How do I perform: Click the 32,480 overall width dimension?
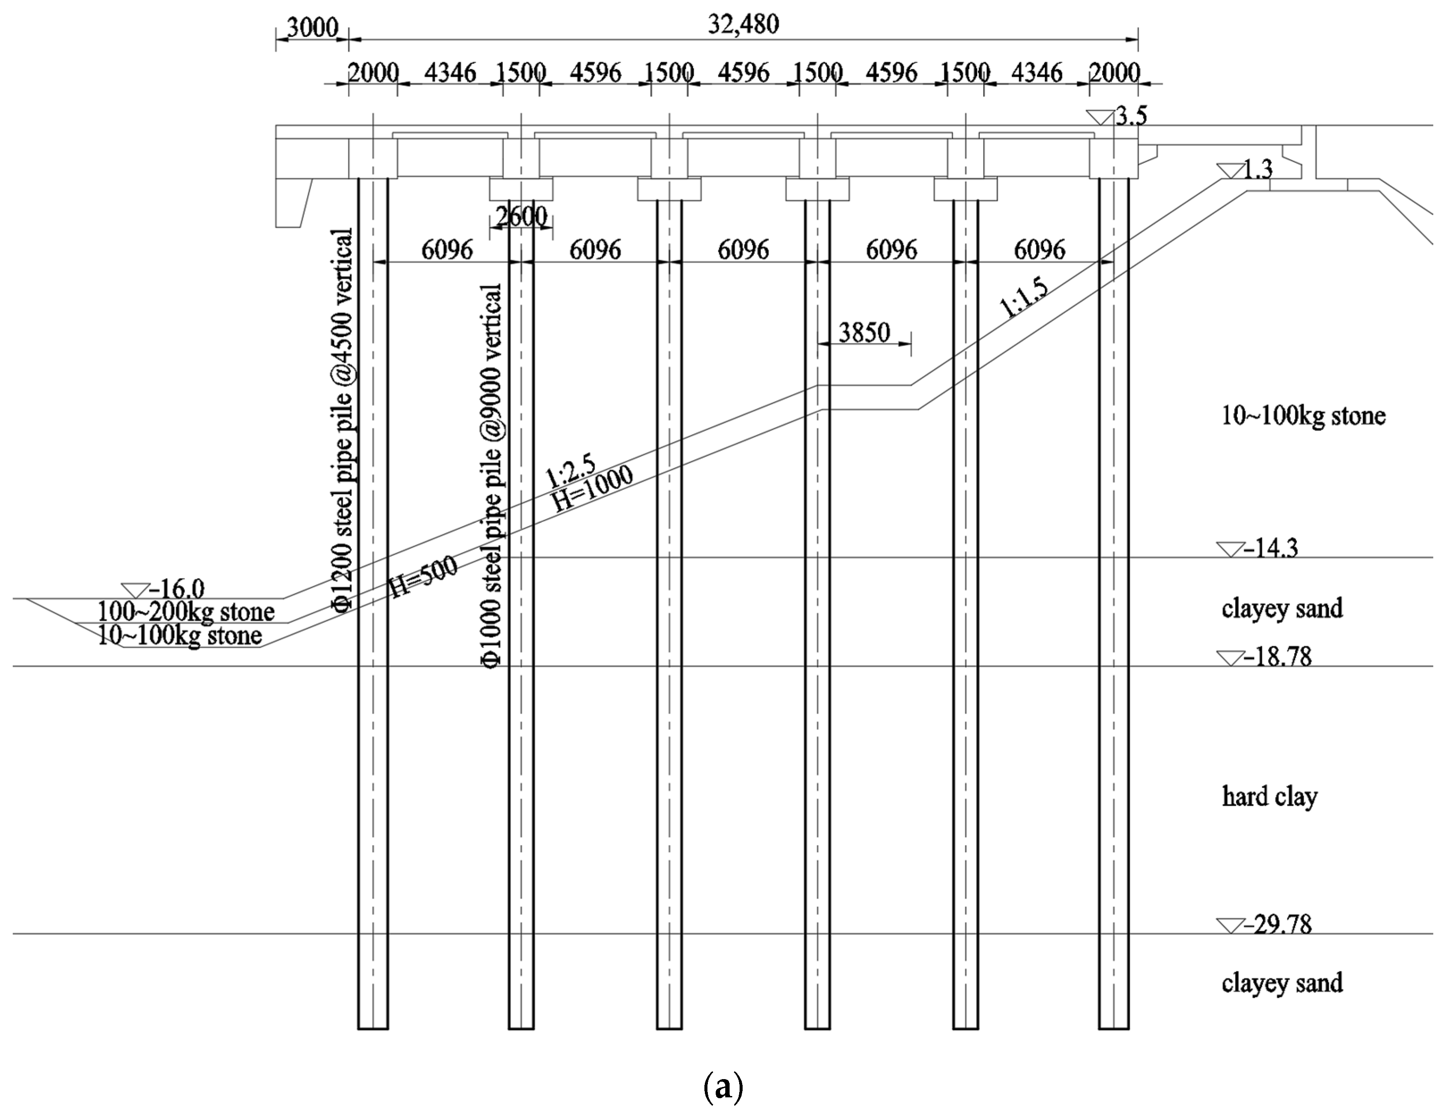(743, 24)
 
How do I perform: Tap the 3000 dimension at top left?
(312, 28)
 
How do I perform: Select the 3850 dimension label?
(864, 332)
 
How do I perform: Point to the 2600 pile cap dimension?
(521, 216)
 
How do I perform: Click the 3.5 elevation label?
(1131, 116)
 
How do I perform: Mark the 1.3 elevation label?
(1257, 170)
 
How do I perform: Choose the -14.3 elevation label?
(1270, 548)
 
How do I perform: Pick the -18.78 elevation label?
(1277, 657)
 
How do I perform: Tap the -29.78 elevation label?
(1277, 925)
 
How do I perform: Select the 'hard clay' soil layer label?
(1269, 797)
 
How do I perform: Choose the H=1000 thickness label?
(593, 488)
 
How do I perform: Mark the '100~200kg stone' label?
(186, 612)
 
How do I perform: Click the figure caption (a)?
(723, 1086)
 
